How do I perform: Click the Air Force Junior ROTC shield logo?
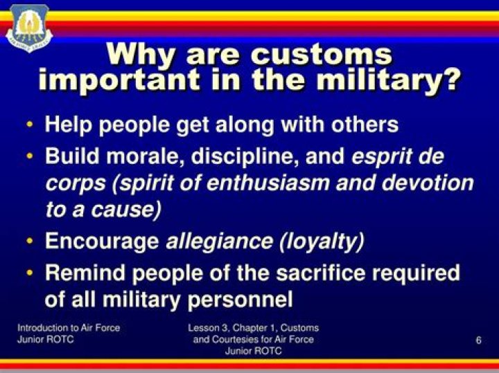pyautogui.click(x=29, y=28)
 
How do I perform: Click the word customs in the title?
pyautogui.click(x=322, y=55)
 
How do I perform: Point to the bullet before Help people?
pyautogui.click(x=30, y=125)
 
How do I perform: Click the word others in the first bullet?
pyautogui.click(x=365, y=124)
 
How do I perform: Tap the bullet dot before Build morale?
pyautogui.click(x=30, y=156)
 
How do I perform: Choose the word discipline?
pyautogui.click(x=245, y=156)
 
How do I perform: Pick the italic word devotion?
pyautogui.click(x=428, y=183)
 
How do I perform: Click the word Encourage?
pyautogui.click(x=102, y=242)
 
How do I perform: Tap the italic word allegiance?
pyautogui.click(x=219, y=242)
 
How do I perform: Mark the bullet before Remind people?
pyautogui.click(x=30, y=273)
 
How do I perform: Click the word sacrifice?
pyautogui.click(x=321, y=273)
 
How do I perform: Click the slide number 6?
pyautogui.click(x=478, y=340)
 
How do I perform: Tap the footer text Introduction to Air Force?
pyautogui.click(x=69, y=328)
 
